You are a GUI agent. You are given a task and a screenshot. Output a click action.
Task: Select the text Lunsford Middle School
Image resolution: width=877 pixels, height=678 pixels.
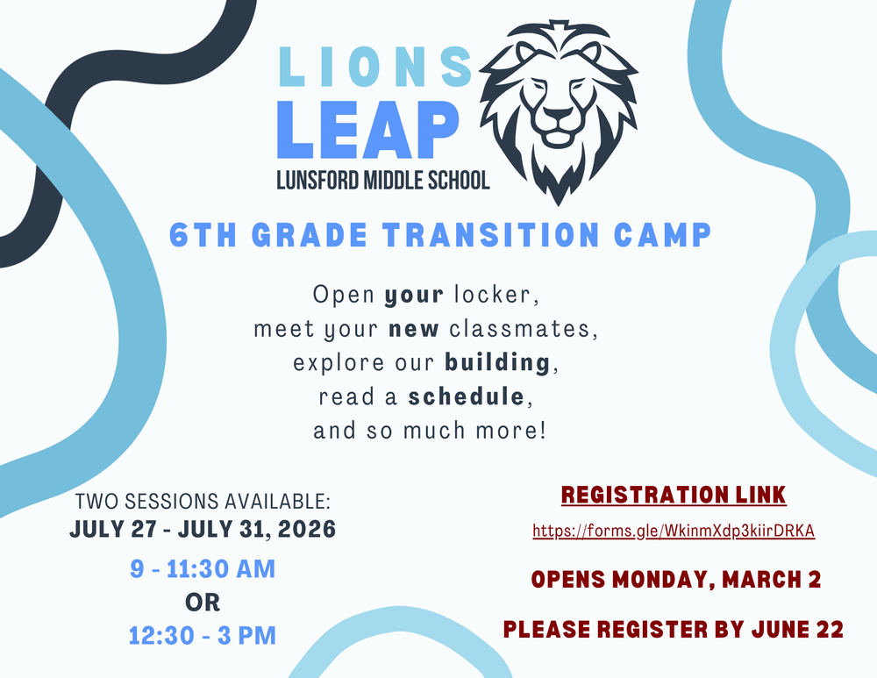pos(382,181)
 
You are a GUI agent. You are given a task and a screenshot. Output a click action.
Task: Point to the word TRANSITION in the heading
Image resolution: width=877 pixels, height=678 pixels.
pos(462,235)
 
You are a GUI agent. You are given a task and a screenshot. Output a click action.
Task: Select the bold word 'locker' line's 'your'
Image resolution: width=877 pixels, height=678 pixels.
pos(414,295)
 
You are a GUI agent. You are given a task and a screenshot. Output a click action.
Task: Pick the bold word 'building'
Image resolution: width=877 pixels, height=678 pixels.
pos(497,363)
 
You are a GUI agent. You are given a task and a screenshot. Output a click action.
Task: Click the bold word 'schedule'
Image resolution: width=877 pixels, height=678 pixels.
pos(467,396)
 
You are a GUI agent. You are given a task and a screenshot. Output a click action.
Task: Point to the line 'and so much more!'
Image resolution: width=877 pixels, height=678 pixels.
pos(430,431)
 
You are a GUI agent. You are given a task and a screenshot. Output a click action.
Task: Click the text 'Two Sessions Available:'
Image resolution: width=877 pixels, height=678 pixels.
pos(203,502)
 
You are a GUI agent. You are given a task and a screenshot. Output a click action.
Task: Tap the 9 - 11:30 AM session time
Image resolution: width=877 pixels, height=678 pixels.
pos(203,569)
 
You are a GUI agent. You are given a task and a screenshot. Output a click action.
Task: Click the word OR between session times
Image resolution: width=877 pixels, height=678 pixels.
pos(203,603)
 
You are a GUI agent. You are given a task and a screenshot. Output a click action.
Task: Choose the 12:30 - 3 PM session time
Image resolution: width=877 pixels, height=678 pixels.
pos(203,635)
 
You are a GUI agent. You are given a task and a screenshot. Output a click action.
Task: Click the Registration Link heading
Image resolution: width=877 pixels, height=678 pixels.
pos(674,496)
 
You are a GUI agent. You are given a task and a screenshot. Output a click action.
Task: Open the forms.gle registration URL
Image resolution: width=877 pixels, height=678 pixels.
pos(674,532)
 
